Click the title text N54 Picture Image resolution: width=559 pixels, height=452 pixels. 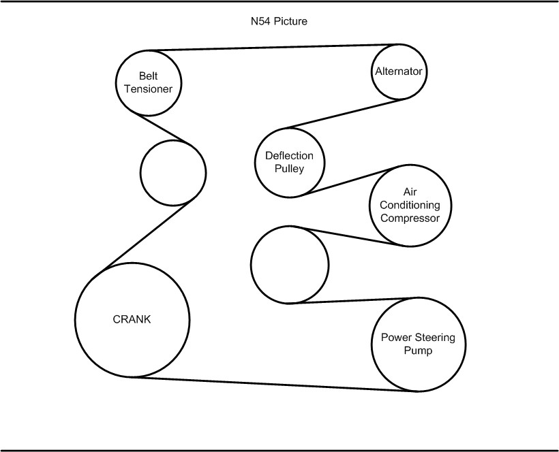(x=279, y=22)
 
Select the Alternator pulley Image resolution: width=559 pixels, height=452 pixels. (x=399, y=71)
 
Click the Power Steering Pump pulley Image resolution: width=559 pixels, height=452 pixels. (x=419, y=344)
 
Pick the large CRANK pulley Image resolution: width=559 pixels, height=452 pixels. (x=132, y=319)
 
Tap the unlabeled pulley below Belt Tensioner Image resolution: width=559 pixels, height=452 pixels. (x=172, y=172)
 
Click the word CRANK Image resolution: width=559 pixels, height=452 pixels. (x=132, y=319)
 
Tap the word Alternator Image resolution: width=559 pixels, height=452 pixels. (x=399, y=71)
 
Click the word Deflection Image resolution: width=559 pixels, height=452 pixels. (x=289, y=156)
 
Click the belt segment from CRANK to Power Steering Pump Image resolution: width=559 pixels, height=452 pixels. (x=273, y=384)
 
